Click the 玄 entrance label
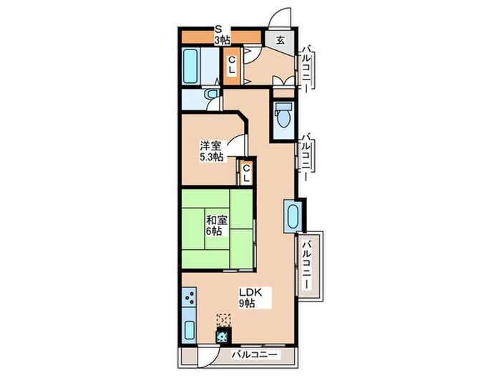point(281,41)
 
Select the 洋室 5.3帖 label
point(211,151)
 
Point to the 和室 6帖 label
point(216,226)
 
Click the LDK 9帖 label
point(250,297)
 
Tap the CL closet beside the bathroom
point(232,65)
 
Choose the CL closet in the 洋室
point(246,173)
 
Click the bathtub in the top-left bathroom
point(190,67)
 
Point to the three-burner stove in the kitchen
point(189,298)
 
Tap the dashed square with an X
point(223,320)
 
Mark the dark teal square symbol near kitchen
point(223,336)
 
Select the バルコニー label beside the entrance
point(307,69)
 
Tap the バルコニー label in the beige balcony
point(307,265)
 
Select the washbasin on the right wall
point(292,216)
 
